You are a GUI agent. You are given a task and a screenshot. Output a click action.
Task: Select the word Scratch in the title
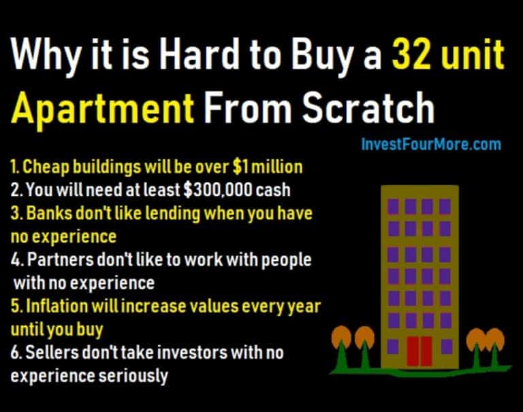(x=368, y=107)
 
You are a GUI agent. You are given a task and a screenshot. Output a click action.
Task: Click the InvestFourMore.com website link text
(x=431, y=144)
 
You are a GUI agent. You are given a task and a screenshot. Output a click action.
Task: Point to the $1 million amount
(x=268, y=166)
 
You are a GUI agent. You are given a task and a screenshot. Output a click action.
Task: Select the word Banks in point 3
(x=49, y=213)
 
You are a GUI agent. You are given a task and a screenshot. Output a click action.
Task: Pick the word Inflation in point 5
(x=57, y=306)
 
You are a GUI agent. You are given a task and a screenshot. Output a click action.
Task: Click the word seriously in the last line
(x=133, y=377)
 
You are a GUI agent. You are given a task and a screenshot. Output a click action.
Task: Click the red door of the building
(x=419, y=351)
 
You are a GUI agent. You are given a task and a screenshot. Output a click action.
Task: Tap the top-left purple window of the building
(x=393, y=206)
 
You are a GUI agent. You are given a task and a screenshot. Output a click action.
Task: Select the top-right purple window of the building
(x=445, y=206)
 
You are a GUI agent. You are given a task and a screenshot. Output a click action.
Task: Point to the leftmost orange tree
(x=341, y=347)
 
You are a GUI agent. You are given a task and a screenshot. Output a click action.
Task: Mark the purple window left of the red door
(x=393, y=347)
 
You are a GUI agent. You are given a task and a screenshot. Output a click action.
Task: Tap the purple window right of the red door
(x=447, y=347)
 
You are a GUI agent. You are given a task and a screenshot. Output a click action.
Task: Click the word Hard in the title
(x=199, y=54)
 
